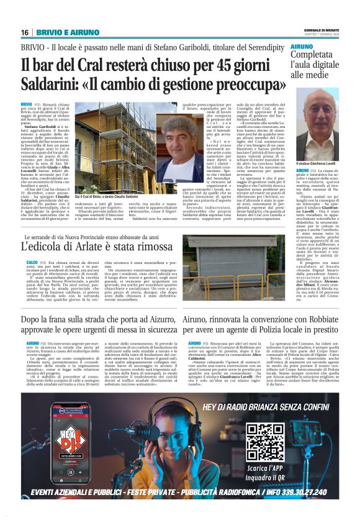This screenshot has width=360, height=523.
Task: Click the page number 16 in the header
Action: pos(25,32)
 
